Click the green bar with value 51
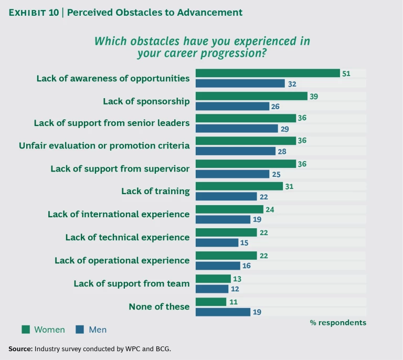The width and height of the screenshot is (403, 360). (x=268, y=73)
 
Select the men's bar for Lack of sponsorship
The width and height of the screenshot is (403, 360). (x=233, y=107)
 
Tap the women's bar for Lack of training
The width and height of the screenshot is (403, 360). (x=239, y=186)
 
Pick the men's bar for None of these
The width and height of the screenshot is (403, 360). (x=223, y=312)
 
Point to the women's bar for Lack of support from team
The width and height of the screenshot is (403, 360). (x=214, y=279)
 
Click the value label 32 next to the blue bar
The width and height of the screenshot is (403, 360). (x=292, y=83)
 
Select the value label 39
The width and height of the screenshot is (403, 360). (x=314, y=96)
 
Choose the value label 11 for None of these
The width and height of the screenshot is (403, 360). (x=234, y=302)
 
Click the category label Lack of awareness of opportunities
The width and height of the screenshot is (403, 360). (x=113, y=78)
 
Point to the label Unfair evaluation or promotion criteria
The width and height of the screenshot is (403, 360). (x=104, y=146)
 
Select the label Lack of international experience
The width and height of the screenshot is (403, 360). (x=119, y=214)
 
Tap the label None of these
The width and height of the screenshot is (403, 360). (x=159, y=306)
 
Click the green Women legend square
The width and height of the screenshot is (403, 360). (x=25, y=330)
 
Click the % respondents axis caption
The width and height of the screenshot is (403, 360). (x=338, y=322)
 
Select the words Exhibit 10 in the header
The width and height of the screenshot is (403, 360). (x=33, y=12)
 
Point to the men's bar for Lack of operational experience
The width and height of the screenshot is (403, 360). (x=218, y=266)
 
